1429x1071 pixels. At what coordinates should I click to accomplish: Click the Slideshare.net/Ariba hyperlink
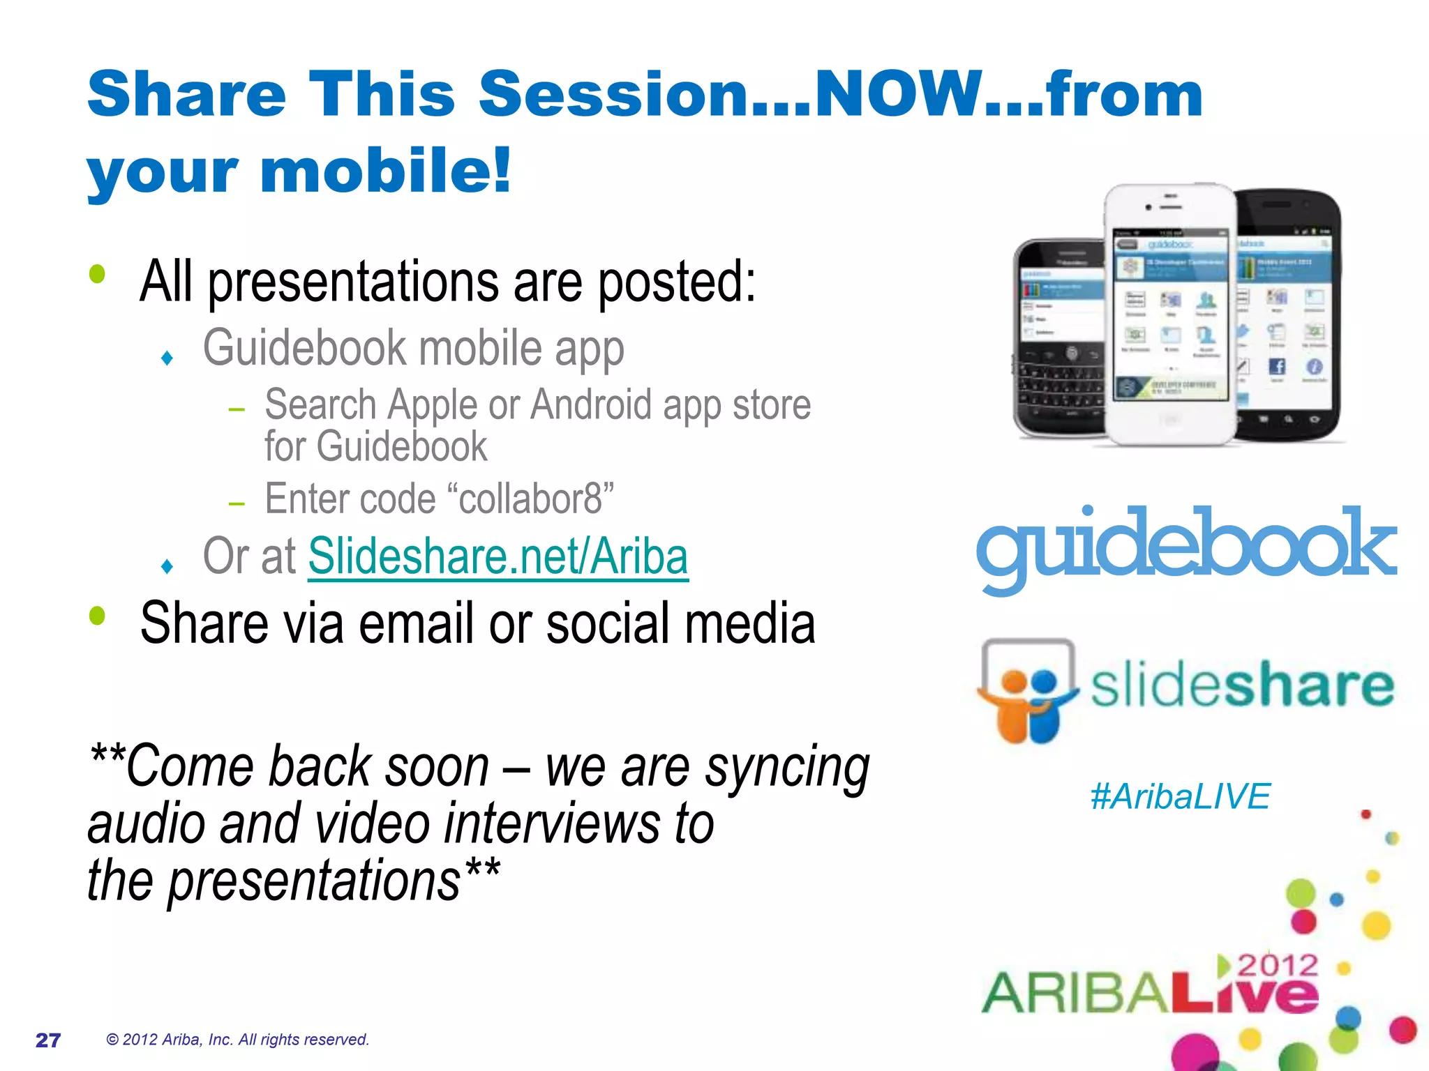(498, 556)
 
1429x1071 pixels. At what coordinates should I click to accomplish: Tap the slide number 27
(48, 1040)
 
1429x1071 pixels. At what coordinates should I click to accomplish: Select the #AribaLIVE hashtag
(1180, 796)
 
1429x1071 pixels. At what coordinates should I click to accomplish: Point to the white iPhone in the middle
(1170, 314)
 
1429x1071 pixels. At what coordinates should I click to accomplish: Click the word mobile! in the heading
(386, 171)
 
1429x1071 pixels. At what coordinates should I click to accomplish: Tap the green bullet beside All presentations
(97, 273)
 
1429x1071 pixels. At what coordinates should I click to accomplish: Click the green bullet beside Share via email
(97, 615)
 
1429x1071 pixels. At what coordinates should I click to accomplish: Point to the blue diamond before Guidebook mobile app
(167, 358)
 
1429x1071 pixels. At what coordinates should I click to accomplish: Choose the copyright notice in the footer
(237, 1040)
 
